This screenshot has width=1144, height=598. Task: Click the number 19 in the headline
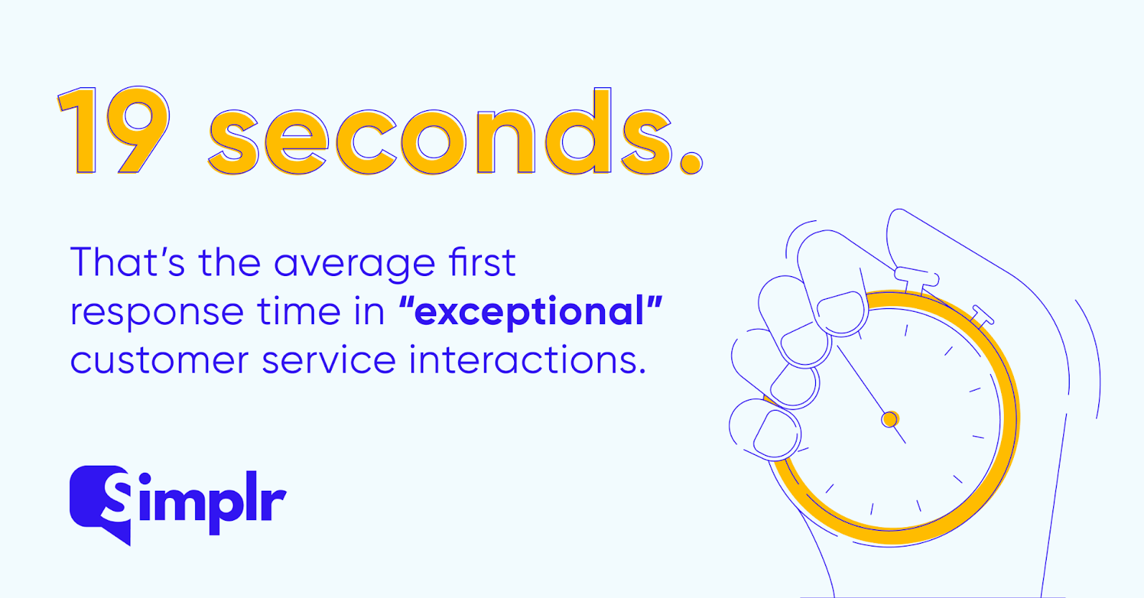point(114,130)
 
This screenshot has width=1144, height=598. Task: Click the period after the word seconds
point(691,163)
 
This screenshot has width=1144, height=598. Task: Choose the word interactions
point(528,359)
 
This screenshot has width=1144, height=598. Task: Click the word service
point(329,359)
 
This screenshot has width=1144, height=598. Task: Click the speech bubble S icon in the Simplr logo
point(99,504)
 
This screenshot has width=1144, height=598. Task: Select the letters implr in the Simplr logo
point(212,504)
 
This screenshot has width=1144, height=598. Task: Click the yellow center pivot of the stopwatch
point(889,420)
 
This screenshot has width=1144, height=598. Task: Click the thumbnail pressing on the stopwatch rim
point(842,312)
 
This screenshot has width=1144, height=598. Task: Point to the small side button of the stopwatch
point(982,316)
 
